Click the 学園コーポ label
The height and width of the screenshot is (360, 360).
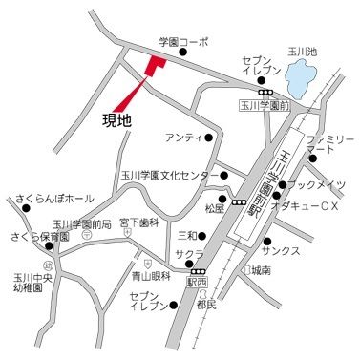click(x=181, y=42)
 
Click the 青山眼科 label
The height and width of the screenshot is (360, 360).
click(x=151, y=275)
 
